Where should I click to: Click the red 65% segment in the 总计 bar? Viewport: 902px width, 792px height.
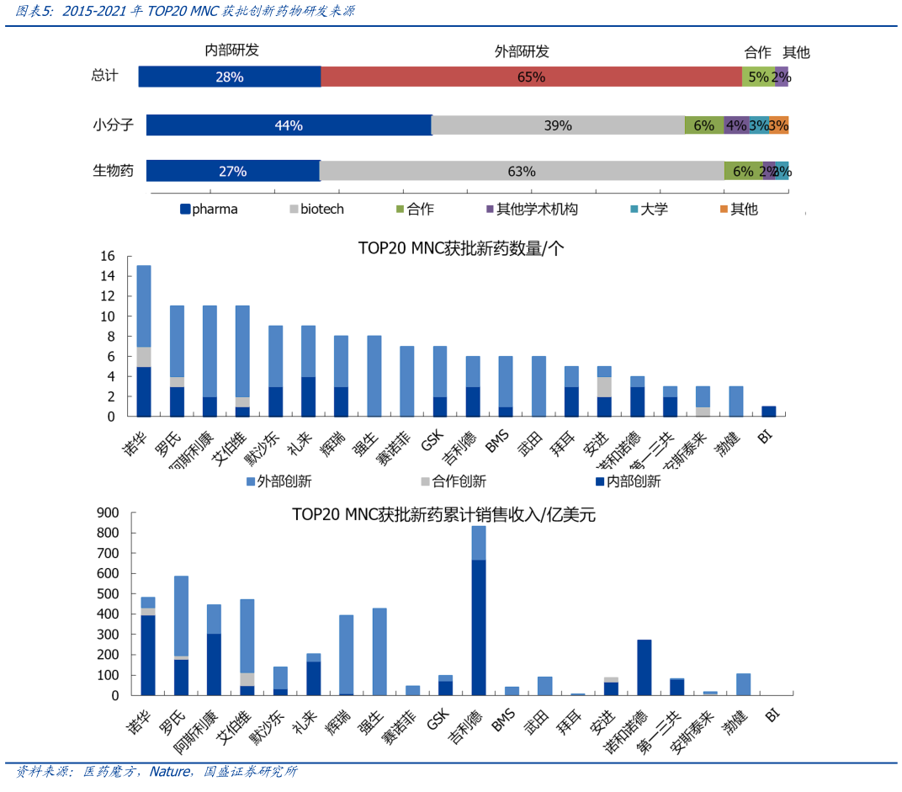pos(531,77)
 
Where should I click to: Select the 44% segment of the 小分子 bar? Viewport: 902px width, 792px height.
pos(289,125)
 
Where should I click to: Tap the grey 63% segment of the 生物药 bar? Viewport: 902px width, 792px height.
pos(522,171)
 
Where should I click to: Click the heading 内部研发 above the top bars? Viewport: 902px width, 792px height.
pos(232,50)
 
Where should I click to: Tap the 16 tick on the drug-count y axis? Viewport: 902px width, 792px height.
pos(107,256)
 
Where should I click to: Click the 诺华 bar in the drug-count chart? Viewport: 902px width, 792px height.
pos(144,341)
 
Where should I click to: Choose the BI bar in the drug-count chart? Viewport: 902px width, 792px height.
pos(768,412)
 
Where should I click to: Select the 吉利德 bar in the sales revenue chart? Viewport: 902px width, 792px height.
pos(479,610)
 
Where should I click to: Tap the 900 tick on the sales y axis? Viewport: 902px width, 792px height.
pos(109,513)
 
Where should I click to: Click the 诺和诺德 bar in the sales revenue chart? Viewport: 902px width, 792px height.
pos(644,667)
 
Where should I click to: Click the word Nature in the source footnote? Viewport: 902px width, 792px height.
pos(169,771)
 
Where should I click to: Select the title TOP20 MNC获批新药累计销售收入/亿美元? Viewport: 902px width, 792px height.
pos(443,514)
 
